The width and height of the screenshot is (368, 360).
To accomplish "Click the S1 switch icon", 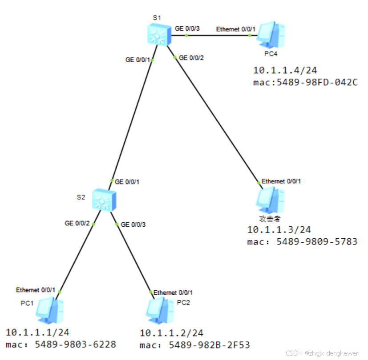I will click(x=158, y=35).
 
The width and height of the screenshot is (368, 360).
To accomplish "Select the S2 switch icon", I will click(x=105, y=200).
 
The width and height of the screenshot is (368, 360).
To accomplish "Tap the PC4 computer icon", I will click(x=271, y=34).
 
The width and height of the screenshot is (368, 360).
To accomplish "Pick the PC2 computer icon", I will click(x=160, y=310).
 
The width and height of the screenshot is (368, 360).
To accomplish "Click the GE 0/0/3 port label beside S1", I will click(x=187, y=28).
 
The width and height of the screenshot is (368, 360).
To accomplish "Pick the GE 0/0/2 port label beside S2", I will click(x=77, y=223).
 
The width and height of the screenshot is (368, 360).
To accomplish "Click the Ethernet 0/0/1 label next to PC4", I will click(x=236, y=29).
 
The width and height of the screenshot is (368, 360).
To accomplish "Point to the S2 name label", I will click(x=80, y=197).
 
